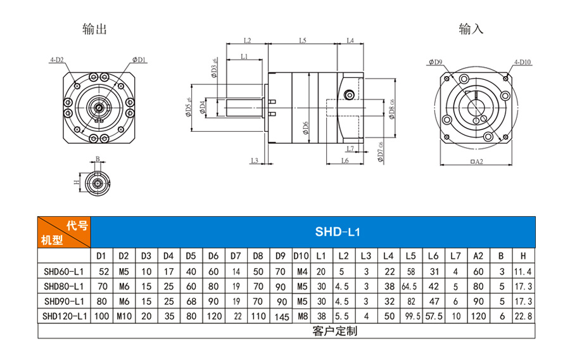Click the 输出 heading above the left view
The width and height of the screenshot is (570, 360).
coord(94,29)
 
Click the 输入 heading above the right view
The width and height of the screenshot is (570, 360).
coord(471,29)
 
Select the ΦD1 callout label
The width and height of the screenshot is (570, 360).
coord(139,60)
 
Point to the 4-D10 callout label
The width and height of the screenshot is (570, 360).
coord(522,62)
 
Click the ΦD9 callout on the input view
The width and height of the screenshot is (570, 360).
coord(435,62)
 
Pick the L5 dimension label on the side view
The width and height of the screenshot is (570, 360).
coord(303,41)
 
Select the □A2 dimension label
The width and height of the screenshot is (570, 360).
coord(476,162)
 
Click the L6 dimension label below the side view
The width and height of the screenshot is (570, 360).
coord(345,160)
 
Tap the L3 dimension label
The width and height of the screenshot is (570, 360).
coord(255,160)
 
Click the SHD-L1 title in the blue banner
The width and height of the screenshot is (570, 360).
coord(338,232)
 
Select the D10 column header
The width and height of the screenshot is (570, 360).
coord(301,256)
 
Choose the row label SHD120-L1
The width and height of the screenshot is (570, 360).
coord(65,316)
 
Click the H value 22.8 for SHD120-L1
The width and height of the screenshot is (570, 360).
coord(524,316)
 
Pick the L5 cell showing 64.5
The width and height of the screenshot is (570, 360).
coord(409,286)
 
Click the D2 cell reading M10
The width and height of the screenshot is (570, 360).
coord(124,316)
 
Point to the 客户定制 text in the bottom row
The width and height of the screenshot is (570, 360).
coord(335,331)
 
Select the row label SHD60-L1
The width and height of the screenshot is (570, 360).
coord(63,272)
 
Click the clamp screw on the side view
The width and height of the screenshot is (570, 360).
coord(350,95)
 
